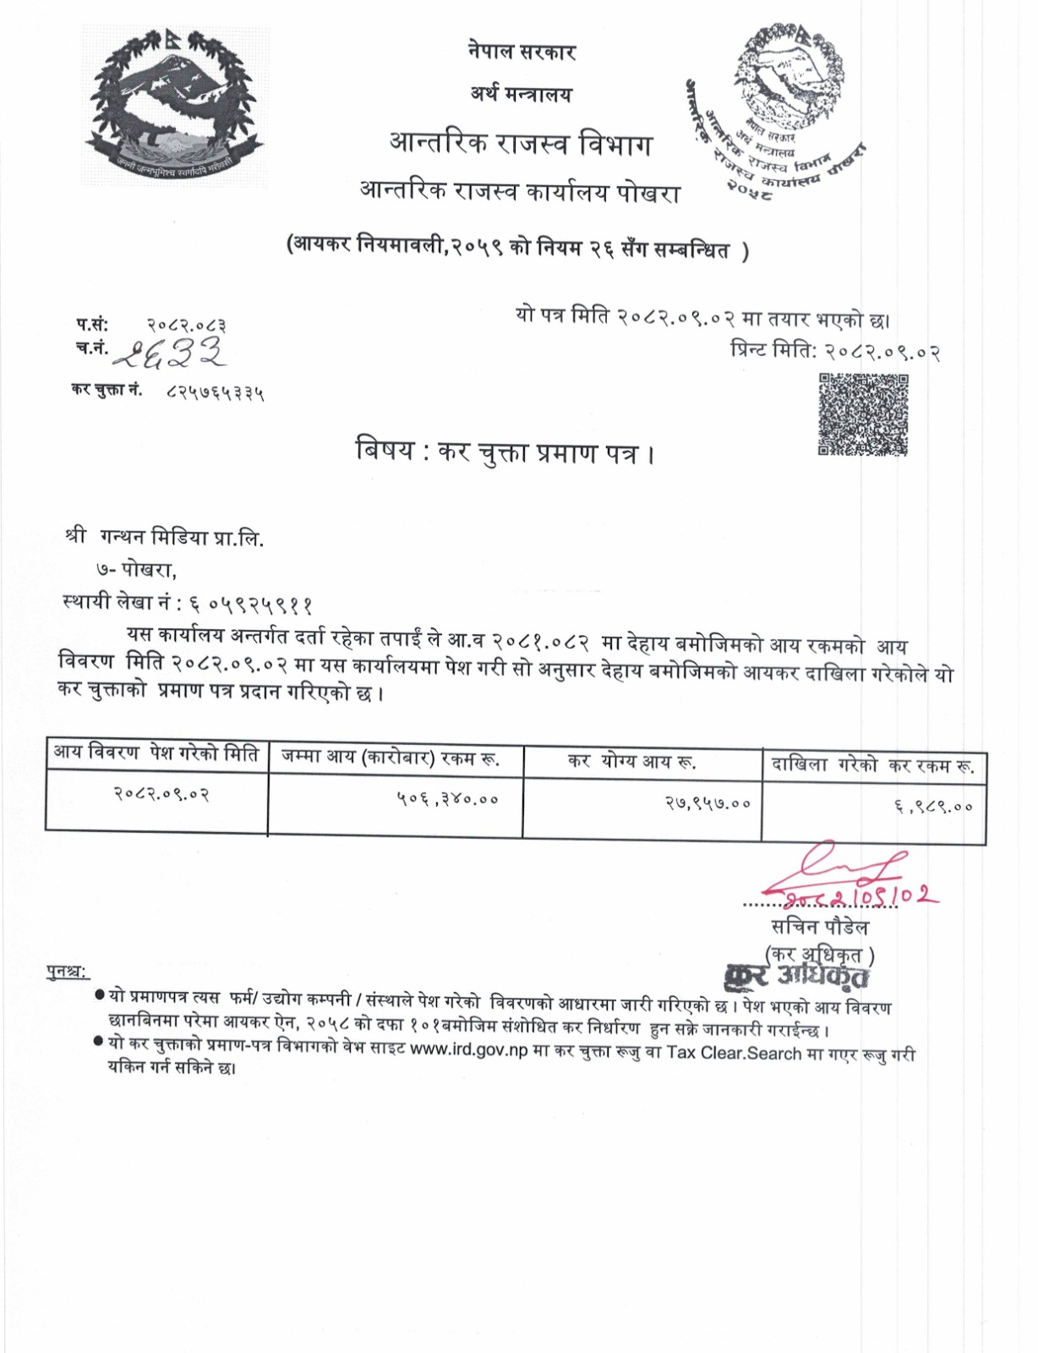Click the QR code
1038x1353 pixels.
pos(863,414)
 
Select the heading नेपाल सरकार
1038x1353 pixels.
pos(522,52)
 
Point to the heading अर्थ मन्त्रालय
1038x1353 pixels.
pos(521,94)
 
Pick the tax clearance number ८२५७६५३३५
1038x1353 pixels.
pos(216,392)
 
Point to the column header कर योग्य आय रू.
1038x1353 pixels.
pos(631,761)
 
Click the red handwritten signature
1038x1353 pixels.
pos(854,875)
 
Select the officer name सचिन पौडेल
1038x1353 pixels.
pos(819,927)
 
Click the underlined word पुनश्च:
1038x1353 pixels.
pos(67,972)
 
